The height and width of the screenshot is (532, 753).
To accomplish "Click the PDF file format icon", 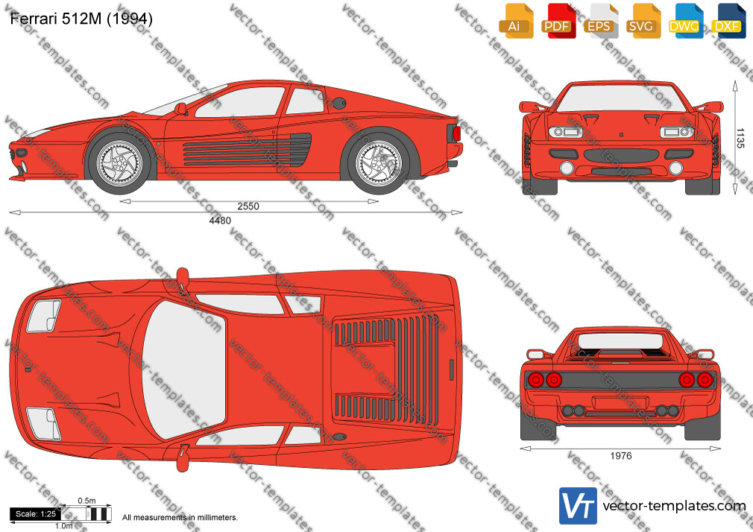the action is click(558, 21).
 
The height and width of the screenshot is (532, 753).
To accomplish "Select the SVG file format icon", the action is click(643, 21).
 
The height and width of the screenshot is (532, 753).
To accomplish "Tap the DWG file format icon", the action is click(686, 21).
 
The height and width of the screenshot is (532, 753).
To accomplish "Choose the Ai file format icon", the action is click(516, 21).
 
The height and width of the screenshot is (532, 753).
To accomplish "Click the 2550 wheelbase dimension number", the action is click(248, 206).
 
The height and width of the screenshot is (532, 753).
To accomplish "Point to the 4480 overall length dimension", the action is click(220, 221).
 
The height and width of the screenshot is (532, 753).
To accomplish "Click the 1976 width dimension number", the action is click(620, 456).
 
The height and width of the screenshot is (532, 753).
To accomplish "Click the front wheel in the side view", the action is click(119, 162).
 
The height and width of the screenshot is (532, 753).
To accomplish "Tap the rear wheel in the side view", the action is click(379, 162).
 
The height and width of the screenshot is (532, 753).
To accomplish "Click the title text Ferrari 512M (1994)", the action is click(81, 19).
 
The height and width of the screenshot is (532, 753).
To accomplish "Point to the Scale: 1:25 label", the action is click(36, 514).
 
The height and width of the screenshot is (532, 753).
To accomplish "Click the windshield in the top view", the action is click(184, 370).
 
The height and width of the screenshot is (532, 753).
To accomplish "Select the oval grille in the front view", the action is click(621, 156).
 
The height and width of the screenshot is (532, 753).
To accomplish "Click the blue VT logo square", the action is click(578, 506).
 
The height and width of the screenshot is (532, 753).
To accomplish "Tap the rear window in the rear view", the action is click(620, 341).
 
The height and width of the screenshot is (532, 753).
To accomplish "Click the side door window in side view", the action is click(241, 102).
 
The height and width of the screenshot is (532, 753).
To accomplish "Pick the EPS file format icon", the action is click(601, 21).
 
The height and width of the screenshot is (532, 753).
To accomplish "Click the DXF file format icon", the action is click(728, 21).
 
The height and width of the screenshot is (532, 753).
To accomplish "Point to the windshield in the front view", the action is click(621, 98).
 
